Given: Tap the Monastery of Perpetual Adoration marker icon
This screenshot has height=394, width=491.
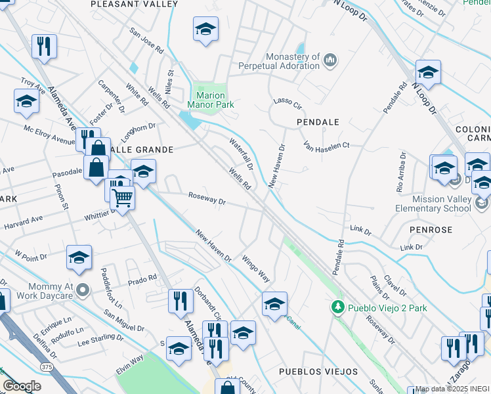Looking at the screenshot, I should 330,61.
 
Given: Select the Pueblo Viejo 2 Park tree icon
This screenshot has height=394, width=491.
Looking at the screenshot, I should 337,307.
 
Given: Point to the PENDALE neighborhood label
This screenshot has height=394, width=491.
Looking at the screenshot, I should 318,122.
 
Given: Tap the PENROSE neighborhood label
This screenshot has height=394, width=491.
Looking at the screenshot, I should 430,230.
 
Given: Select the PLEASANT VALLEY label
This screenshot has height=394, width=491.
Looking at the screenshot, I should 134,4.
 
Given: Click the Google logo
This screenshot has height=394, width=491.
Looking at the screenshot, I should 22,386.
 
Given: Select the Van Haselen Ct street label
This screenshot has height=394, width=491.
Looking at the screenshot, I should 326,145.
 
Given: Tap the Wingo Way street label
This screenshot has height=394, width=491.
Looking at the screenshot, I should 255,267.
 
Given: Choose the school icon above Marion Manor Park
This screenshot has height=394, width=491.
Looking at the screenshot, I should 205,30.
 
